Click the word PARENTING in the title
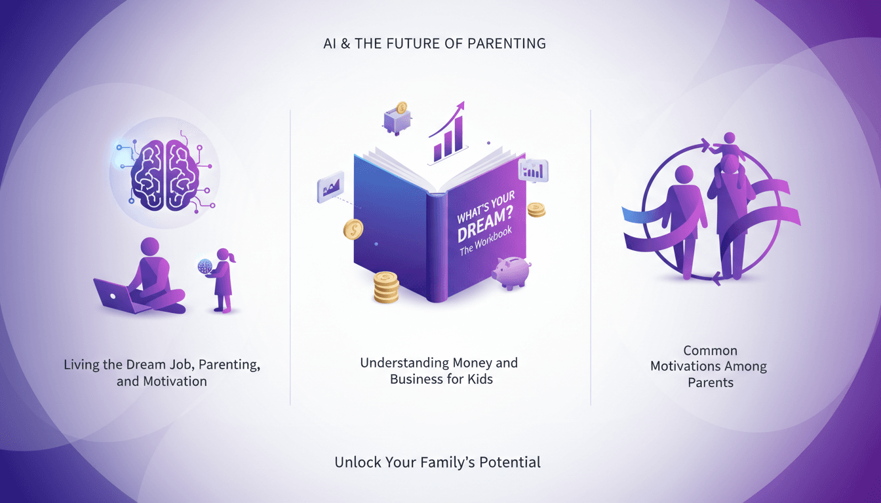pos(507,44)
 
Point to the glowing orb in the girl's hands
pos(205,267)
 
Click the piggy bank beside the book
pos(511,272)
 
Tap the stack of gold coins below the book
pos(386,288)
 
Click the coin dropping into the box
pos(402,107)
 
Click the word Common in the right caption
pos(711,350)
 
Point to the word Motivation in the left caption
pos(175,381)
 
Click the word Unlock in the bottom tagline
pos(358,462)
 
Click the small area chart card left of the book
pos(331,187)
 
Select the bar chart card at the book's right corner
pos(534,170)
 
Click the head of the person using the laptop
pos(150,247)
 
